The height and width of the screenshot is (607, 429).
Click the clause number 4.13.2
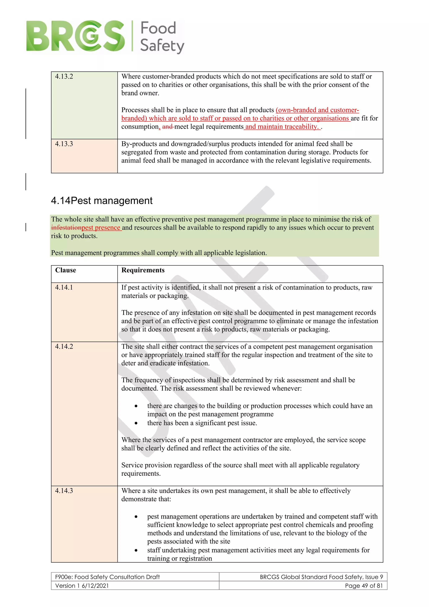pos(64,77)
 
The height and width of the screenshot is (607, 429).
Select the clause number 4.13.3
pos(64,144)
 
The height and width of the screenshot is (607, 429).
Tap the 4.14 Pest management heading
pos(102,201)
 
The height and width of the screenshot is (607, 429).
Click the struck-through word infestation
pos(66,228)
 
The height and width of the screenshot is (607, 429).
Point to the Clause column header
pos(66,270)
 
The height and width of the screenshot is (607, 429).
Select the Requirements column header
pos(143,270)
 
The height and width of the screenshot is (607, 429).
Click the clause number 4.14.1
pos(64,287)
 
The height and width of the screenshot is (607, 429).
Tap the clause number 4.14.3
pos(64,491)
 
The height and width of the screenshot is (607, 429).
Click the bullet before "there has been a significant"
pos(136,423)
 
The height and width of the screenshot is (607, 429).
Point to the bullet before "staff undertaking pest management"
pos(136,550)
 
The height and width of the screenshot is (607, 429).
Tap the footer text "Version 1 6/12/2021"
pos(82,586)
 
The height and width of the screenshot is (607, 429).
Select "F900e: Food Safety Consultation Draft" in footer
pos(107,577)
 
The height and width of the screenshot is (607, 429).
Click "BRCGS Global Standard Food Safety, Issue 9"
pos(321,577)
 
